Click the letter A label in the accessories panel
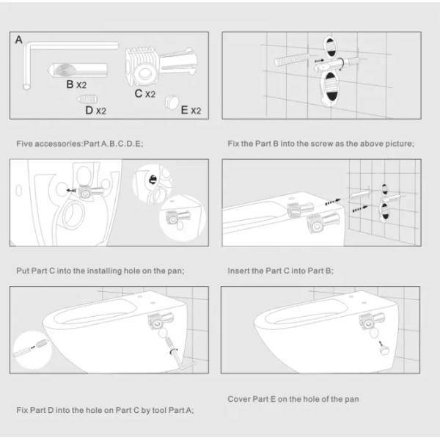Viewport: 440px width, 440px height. tap(18, 40)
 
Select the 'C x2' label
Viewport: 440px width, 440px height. tap(144, 94)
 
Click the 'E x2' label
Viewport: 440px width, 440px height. tap(191, 111)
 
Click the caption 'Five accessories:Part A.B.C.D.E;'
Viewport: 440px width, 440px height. tap(79, 143)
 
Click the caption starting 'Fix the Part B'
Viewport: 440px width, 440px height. tap(320, 143)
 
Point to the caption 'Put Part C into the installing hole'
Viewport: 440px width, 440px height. tap(100, 271)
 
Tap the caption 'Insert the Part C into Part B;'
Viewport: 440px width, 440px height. tap(281, 271)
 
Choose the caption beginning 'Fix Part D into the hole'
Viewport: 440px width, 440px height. tap(105, 410)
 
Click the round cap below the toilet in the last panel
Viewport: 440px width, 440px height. tap(382, 351)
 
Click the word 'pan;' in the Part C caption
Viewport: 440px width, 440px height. tap(176, 271)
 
